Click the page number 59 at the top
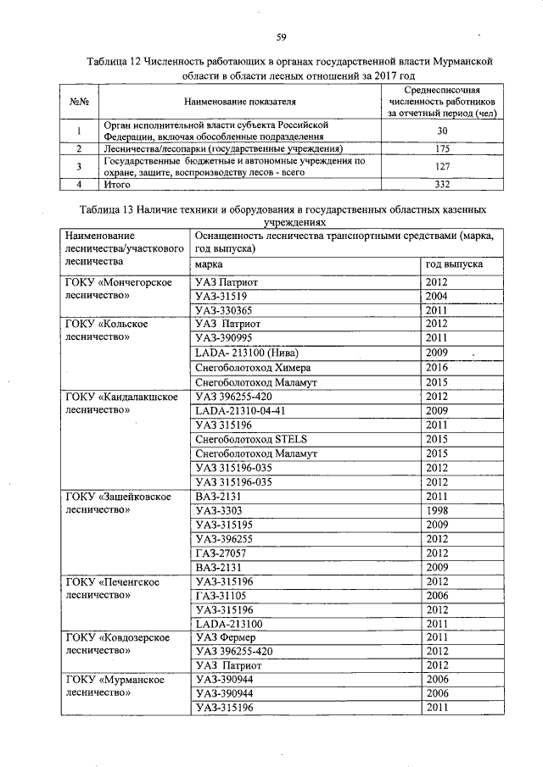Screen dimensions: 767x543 281,36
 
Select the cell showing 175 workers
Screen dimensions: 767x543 441,148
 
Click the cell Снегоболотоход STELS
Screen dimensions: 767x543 250,439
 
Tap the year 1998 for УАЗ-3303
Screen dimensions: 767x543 437,510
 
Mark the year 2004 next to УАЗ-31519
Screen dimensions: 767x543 437,296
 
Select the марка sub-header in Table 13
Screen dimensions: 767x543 210,264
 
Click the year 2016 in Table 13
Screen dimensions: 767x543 437,368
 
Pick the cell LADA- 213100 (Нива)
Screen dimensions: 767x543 247,353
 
